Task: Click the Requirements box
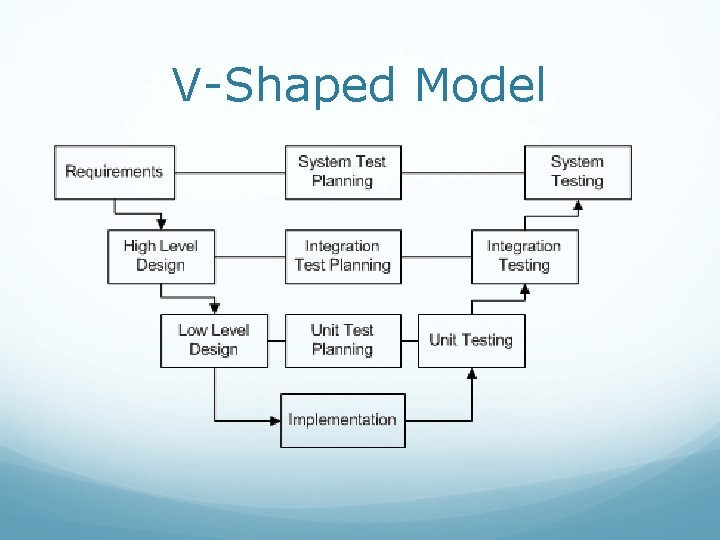pos(114,172)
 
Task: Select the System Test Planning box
pos(342,172)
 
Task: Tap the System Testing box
pos(577,172)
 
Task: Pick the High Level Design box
pos(160,256)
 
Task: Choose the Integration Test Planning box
pos(342,256)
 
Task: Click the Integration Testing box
pos(524,256)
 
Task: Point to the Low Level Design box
pos(214,340)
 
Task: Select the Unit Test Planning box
pos(342,340)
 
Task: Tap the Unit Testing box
pos(471,340)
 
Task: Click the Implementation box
pos(342,420)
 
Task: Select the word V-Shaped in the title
pos(283,86)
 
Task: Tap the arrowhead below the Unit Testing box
pos(471,374)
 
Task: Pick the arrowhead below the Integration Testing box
pos(524,290)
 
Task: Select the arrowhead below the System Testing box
pos(577,206)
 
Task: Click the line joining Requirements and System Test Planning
pos(230,172)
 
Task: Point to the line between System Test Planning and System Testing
pos(463,172)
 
